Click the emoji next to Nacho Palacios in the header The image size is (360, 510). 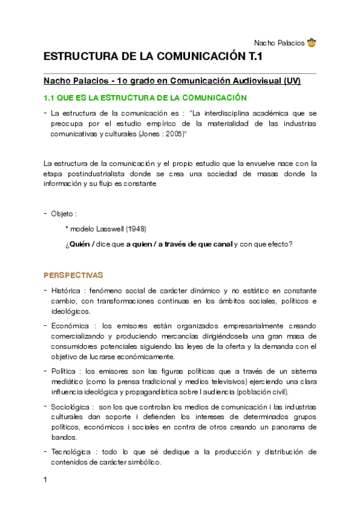pyautogui.click(x=311, y=43)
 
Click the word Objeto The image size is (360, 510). pyautogui.click(x=62, y=214)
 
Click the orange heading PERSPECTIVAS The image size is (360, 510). pyautogui.click(x=73, y=275)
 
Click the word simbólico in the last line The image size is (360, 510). pyautogui.click(x=144, y=463)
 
